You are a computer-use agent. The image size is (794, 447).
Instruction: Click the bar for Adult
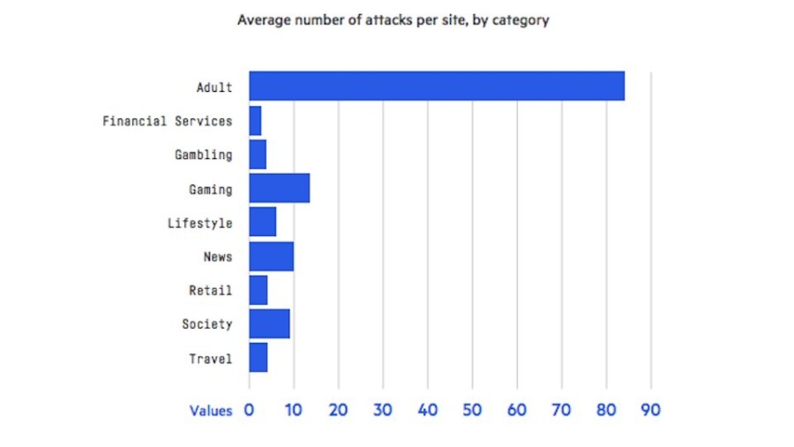437,87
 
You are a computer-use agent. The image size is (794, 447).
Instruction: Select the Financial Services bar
255,120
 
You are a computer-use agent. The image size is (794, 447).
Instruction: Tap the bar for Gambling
258,155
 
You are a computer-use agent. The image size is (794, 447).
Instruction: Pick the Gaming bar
279,188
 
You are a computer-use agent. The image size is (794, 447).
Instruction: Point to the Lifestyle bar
262,223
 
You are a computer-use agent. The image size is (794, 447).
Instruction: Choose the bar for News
271,256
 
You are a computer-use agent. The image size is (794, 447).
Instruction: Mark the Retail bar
258,290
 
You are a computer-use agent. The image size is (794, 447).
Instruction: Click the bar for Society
269,324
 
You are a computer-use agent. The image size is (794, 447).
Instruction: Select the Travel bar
258,358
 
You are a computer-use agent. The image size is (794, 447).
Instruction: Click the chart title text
393,19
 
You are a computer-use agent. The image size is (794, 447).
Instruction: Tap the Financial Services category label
168,121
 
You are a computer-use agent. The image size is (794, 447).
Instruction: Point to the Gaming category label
211,189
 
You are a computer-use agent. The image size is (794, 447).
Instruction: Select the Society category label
207,324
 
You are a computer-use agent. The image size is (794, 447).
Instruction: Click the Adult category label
214,87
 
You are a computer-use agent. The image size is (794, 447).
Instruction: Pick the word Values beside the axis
211,411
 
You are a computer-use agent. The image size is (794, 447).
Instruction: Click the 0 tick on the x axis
250,411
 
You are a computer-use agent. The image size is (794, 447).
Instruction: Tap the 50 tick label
472,411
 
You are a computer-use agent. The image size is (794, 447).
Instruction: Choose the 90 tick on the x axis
651,411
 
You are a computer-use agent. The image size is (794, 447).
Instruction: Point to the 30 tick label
383,411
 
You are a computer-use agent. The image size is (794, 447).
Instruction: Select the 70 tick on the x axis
561,411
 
